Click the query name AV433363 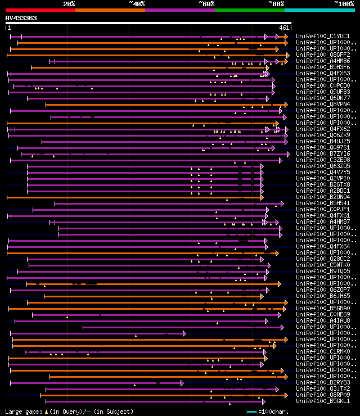[21, 18]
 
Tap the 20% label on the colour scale [69, 4]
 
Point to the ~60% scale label [206, 4]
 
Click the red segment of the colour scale [40, 10]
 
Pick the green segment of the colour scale [249, 10]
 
